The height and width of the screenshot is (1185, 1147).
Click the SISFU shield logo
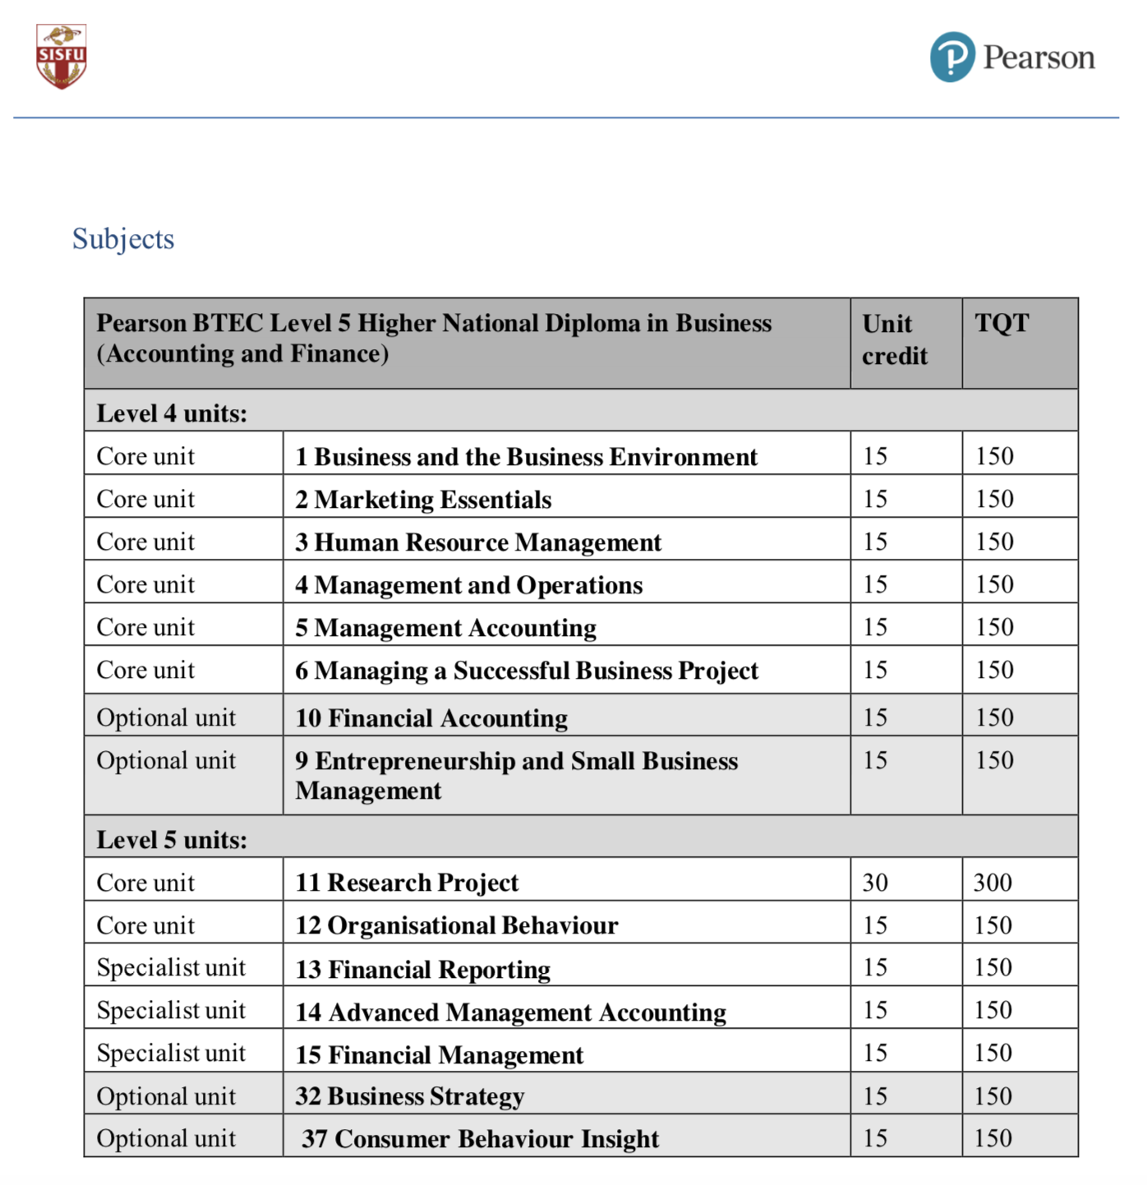(x=61, y=56)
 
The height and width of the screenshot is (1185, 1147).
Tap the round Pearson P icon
(x=952, y=58)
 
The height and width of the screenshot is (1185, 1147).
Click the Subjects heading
(x=123, y=239)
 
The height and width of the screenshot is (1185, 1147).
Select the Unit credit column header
(x=895, y=339)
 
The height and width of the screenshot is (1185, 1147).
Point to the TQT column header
(x=1002, y=323)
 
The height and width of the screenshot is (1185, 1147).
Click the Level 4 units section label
(x=172, y=413)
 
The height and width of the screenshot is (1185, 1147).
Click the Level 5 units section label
(x=172, y=839)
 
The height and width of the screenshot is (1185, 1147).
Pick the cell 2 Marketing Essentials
(x=423, y=500)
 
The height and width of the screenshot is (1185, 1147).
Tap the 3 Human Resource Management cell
(x=478, y=542)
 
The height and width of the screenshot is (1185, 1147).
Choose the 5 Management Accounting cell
(x=446, y=628)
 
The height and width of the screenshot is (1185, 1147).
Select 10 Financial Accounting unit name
(x=431, y=718)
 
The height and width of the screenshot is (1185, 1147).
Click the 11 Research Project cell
(x=407, y=883)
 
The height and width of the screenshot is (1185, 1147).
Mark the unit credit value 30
(x=875, y=883)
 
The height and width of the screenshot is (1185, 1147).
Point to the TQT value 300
(x=993, y=883)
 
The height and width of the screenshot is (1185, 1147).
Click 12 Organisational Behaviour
(x=457, y=925)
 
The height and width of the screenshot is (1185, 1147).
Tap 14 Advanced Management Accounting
(x=510, y=1012)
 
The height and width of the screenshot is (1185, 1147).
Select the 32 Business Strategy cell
(x=409, y=1096)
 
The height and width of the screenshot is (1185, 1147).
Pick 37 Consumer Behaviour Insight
(x=481, y=1139)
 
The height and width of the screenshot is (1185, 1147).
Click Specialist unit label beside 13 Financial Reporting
(x=171, y=968)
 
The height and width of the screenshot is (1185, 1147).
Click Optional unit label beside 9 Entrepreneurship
(x=166, y=761)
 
